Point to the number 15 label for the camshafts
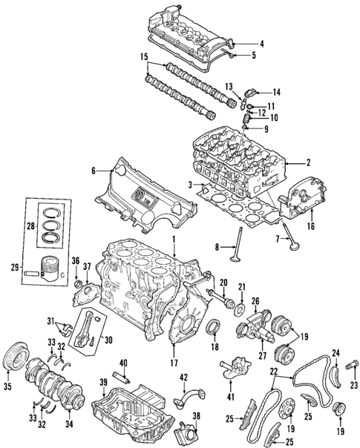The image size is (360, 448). pyautogui.click(x=144, y=56)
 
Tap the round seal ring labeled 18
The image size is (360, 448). pyautogui.click(x=212, y=327)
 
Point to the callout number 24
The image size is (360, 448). pyautogui.click(x=336, y=352)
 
